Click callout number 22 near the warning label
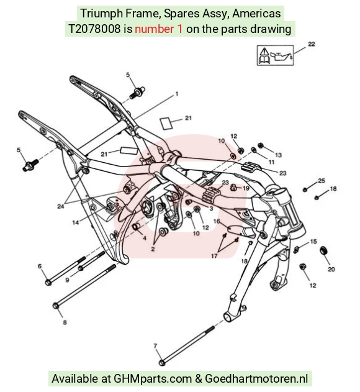click(312, 44)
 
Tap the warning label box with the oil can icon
click(276, 55)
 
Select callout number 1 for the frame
click(177, 94)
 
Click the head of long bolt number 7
click(162, 362)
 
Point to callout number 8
click(65, 322)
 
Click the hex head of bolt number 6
click(48, 282)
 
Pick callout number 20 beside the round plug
click(331, 269)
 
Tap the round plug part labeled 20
click(324, 250)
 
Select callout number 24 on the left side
click(61, 206)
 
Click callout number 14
click(76, 222)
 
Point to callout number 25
click(322, 181)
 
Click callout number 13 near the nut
click(278, 155)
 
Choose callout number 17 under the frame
click(214, 256)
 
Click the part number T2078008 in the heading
click(94, 29)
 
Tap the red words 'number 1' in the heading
click(159, 29)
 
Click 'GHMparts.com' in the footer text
click(153, 378)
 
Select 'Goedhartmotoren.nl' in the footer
click(256, 378)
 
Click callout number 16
click(217, 221)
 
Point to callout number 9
click(67, 280)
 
